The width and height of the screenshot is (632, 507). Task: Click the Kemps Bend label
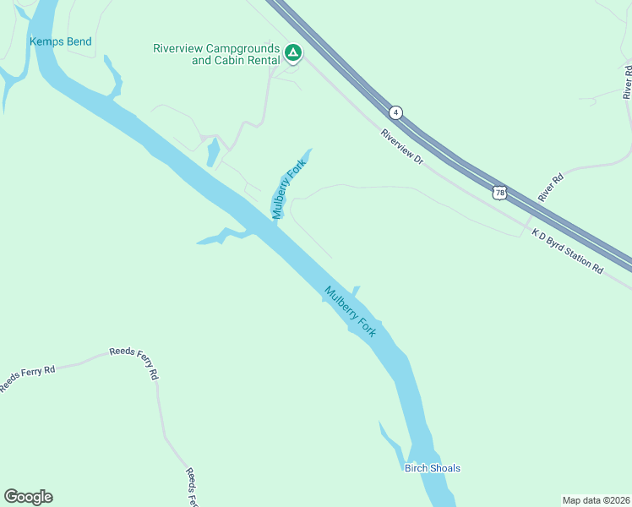click(x=60, y=41)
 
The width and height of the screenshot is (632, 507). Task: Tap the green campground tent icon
click(x=292, y=53)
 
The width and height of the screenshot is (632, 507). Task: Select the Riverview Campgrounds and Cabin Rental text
click(x=215, y=54)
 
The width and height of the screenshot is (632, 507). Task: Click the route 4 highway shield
click(x=395, y=112)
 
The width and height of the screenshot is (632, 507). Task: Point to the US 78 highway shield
click(x=501, y=193)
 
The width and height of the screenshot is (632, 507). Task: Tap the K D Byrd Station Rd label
click(x=568, y=250)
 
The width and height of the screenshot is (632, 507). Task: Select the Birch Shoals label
click(x=432, y=468)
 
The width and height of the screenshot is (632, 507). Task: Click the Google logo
click(x=28, y=497)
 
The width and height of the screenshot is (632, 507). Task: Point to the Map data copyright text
click(x=596, y=500)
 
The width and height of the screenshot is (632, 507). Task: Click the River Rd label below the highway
click(x=550, y=188)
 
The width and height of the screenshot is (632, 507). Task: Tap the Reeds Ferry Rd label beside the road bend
click(x=134, y=362)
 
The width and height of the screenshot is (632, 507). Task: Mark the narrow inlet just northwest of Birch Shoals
click(x=390, y=437)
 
